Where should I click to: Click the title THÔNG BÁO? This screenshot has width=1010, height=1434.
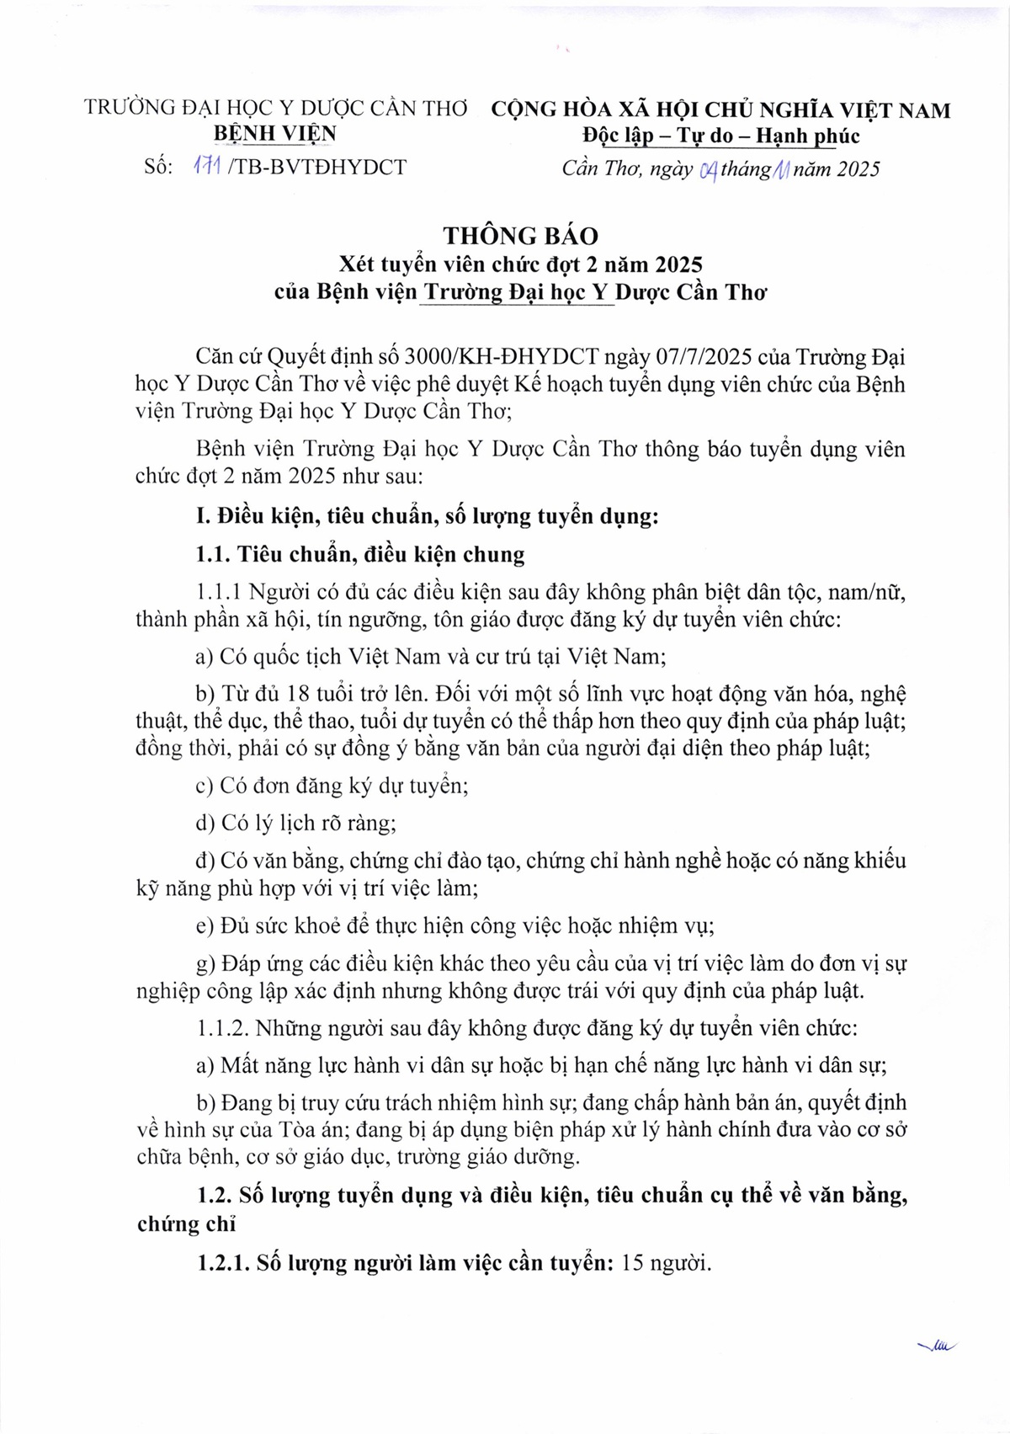pos(521,236)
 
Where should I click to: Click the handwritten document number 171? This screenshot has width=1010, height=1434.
pos(206,167)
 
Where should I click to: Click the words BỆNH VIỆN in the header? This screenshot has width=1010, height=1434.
pos(275,134)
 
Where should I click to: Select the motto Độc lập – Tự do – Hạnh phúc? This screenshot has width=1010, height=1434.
pos(720,136)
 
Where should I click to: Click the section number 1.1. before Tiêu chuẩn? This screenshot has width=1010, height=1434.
pos(214,554)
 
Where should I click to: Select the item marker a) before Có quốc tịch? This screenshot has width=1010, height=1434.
pos(205,656)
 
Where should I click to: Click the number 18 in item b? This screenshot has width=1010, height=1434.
pos(299,694)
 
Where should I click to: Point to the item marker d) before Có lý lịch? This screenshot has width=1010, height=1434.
pos(205,823)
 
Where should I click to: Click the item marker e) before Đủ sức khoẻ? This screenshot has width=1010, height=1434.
pos(205,926)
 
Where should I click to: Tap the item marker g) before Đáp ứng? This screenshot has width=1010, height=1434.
pos(205,964)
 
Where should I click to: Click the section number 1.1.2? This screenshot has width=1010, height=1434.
pos(223,1028)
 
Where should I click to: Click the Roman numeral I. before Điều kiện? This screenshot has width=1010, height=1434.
pos(203,515)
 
